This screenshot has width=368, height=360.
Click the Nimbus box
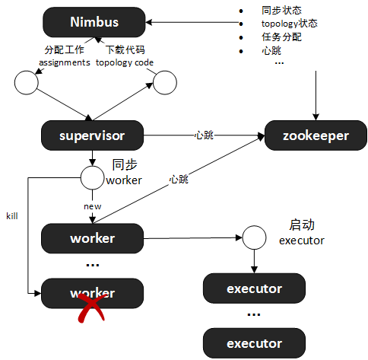coord(94,22)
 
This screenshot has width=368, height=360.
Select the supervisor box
coord(92,135)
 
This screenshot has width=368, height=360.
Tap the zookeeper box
coord(316,135)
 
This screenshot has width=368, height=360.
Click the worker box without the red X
coord(92,238)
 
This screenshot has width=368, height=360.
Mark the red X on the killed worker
coord(91,307)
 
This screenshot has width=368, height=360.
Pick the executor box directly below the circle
coord(254,288)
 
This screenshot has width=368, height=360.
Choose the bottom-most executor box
coord(254,343)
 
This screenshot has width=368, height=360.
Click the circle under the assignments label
coord(27,83)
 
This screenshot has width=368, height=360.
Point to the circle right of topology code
coord(165,83)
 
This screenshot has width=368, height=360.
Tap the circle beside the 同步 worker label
coord(92,177)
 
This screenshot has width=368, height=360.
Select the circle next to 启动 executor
coord(254,237)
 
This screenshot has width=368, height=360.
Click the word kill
coord(12,216)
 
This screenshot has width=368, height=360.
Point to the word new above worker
coord(92,206)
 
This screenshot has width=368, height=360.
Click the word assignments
coord(65,62)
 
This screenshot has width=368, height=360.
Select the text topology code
coord(125,62)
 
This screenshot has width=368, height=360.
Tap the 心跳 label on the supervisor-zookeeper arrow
coord(204,135)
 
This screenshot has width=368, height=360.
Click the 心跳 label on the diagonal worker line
coord(179,180)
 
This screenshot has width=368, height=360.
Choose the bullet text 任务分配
coord(281,37)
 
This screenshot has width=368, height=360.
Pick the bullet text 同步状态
coord(281,11)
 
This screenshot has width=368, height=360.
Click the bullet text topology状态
coord(290,24)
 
